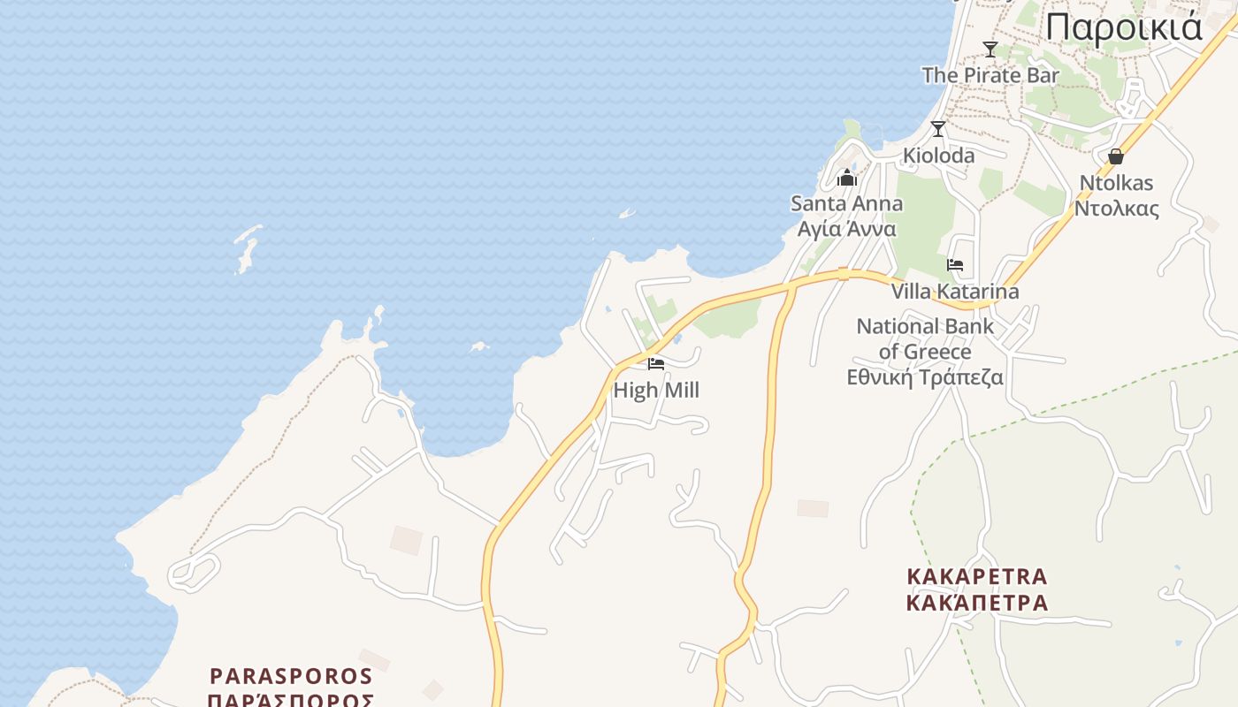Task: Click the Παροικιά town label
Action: click(x=1123, y=27)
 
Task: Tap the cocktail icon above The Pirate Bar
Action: click(x=990, y=49)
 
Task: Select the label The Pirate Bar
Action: click(x=990, y=75)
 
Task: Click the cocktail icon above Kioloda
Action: click(x=938, y=129)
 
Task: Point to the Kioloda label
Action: click(x=938, y=156)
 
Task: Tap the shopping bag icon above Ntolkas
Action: click(x=1116, y=156)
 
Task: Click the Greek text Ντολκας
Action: click(x=1116, y=209)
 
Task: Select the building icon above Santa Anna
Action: click(x=847, y=179)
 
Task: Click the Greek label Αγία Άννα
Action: click(x=846, y=229)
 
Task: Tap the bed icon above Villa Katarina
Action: click(x=955, y=264)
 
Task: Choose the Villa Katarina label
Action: click(x=955, y=291)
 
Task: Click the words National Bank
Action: click(x=925, y=326)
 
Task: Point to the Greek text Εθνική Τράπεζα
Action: click(x=925, y=377)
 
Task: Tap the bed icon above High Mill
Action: click(x=656, y=363)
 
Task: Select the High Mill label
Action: click(x=656, y=390)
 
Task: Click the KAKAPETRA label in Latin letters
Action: click(x=977, y=577)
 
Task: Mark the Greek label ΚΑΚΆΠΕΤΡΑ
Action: click(x=977, y=603)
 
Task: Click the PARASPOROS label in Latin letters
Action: click(x=291, y=676)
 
